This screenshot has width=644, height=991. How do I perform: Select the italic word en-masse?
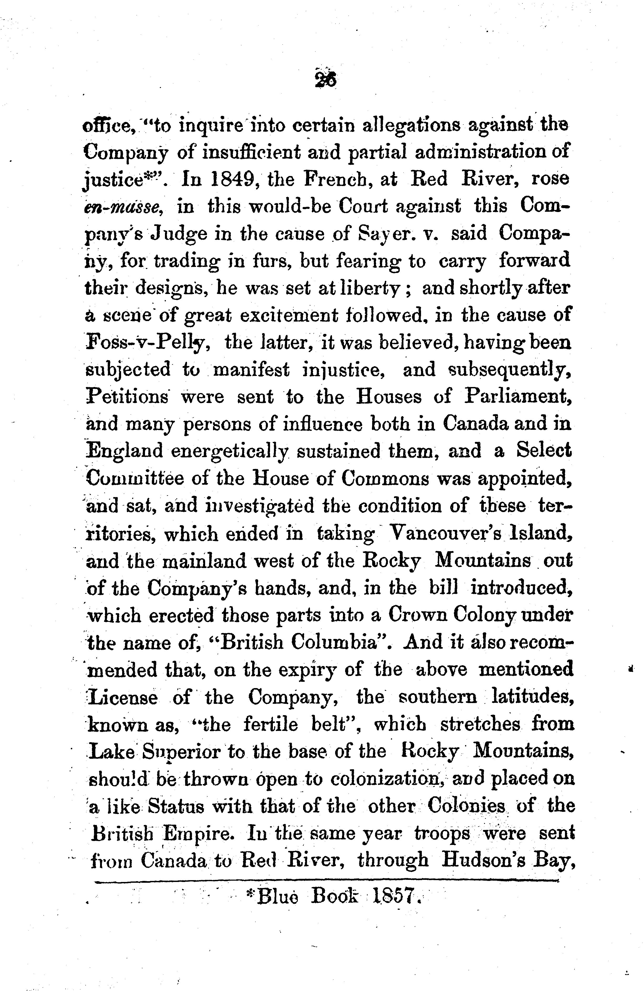pos(123,207)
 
